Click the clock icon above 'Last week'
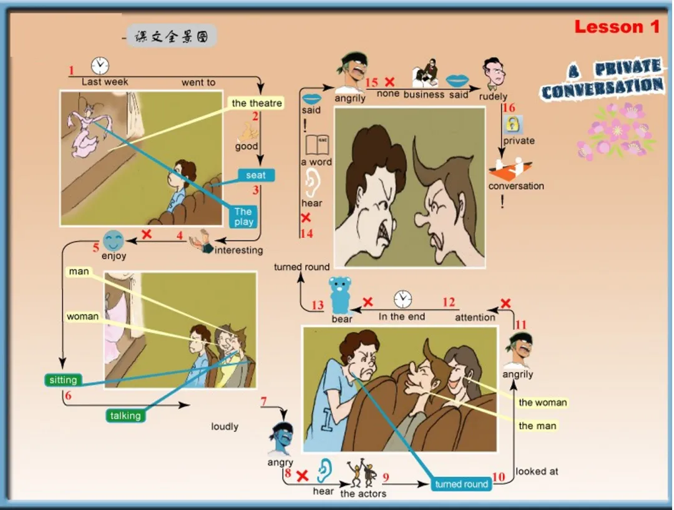tap(100, 66)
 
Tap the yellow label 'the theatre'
tap(257, 103)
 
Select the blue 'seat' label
tap(256, 175)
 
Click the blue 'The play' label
tap(244, 217)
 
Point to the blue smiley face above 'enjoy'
tap(114, 240)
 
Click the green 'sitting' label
tap(64, 380)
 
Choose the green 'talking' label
tap(125, 416)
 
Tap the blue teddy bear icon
tap(340, 295)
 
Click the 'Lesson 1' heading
tap(617, 27)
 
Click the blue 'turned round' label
tap(462, 484)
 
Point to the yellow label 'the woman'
tap(542, 403)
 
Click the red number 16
tap(509, 108)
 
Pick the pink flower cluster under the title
tap(615, 133)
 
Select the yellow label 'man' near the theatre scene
tap(79, 272)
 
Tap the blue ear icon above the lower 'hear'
tap(323, 471)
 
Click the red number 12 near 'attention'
tap(449, 303)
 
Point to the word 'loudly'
tap(225, 426)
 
